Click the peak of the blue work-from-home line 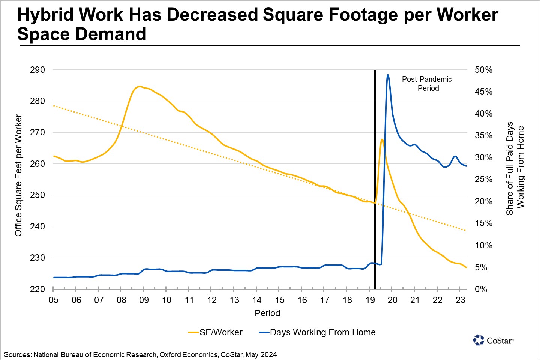pyautogui.click(x=388, y=75)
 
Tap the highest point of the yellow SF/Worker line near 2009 pyautogui.click(x=139, y=86)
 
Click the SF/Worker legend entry pyautogui.click(x=216, y=332)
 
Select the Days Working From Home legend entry pyautogui.click(x=317, y=332)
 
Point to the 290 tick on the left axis pyautogui.click(x=37, y=70)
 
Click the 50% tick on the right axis pyautogui.click(x=483, y=70)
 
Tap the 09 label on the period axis pyautogui.click(x=144, y=300)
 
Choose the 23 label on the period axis pyautogui.click(x=460, y=300)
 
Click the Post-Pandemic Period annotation pyautogui.click(x=427, y=84)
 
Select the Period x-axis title pyautogui.click(x=267, y=313)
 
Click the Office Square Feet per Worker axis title pyautogui.click(x=18, y=175)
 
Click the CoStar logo pyautogui.click(x=493, y=340)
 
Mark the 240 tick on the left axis pyautogui.click(x=37, y=226)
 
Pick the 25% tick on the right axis pyautogui.click(x=483, y=180)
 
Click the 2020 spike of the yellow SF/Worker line pyautogui.click(x=382, y=139)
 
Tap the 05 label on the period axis pyautogui.click(x=54, y=300)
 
